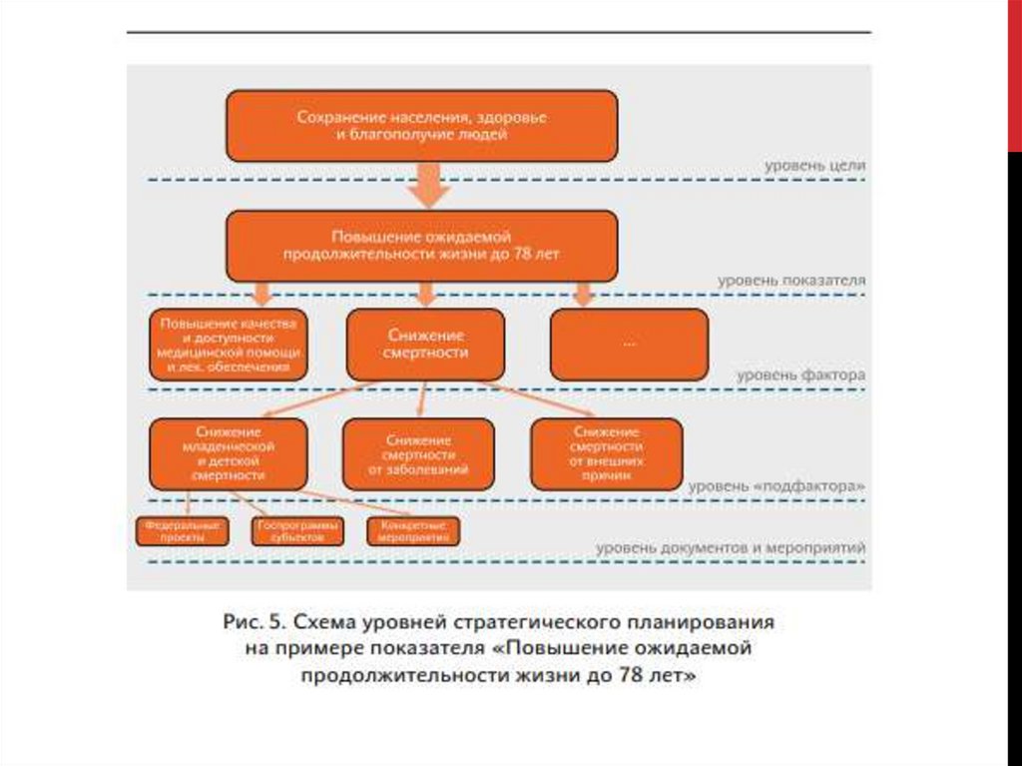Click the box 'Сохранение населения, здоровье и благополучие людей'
coord(421,126)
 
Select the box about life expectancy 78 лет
coord(421,246)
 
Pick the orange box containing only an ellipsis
coord(629,345)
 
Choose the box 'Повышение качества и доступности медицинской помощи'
coord(229,346)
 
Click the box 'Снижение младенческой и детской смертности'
coord(229,453)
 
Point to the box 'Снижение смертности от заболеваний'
coord(418,453)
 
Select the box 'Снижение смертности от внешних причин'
coord(606,453)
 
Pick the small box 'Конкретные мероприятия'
coord(413,531)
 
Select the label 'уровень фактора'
coord(801,376)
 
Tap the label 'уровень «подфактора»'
coord(776,485)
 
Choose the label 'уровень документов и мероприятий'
coord(731,548)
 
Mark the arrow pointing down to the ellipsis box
coord(583,294)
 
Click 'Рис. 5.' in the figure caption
coord(254,621)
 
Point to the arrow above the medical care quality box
coord(262,294)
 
